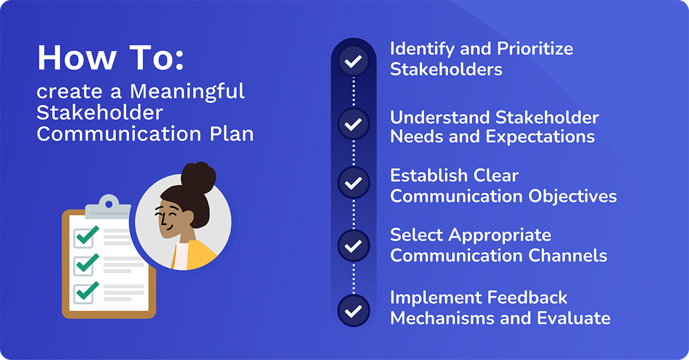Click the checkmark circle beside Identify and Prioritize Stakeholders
pos(353,62)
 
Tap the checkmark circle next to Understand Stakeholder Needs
pos(353,124)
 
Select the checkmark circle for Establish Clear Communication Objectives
pos(353,183)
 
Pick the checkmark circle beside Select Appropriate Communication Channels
pos(353,246)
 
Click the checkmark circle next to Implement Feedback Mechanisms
pos(353,311)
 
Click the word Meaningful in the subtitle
pos(187,92)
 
